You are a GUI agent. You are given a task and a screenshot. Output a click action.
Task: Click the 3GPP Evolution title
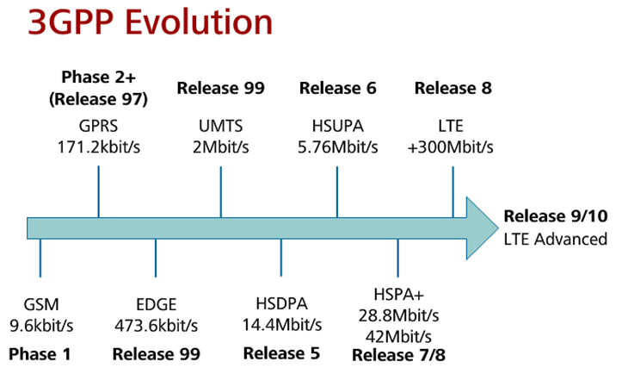coord(150,24)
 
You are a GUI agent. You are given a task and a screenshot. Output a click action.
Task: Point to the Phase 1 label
coord(40,353)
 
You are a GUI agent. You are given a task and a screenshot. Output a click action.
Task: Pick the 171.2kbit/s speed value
coord(99,146)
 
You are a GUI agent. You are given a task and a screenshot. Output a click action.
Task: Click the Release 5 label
coord(281,353)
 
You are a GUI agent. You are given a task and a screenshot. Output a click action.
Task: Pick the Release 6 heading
coord(338,88)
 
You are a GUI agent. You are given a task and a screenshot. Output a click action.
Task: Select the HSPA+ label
coord(397,293)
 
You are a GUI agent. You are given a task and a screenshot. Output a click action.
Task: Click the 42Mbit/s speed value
coord(397,334)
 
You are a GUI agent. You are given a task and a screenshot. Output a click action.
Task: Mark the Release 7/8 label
coord(397,355)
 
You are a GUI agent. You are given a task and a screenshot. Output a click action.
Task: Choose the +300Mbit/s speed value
coord(453,146)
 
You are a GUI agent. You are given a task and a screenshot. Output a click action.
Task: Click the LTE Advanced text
coord(555,239)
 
